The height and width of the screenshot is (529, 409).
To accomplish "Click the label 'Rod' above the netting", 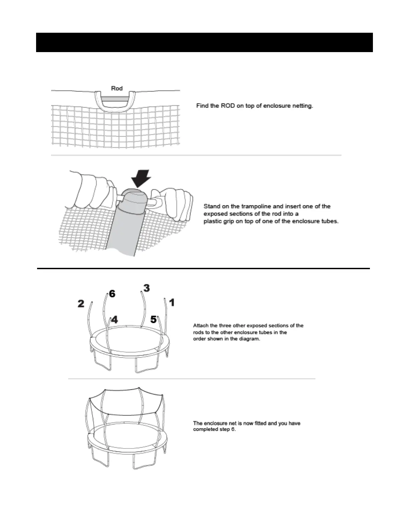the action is click(117, 88).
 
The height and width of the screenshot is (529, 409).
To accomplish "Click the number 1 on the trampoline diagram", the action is click(171, 303).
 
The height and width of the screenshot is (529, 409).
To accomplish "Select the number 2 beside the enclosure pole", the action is click(81, 304).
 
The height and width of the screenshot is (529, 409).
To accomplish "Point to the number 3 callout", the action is click(146, 288).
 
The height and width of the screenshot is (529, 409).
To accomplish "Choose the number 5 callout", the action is click(153, 320).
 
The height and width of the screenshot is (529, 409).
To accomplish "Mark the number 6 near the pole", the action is click(112, 294).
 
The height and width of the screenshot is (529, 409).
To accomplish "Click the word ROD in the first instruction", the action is click(228, 106).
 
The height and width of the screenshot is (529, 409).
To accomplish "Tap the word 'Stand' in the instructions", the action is click(212, 206).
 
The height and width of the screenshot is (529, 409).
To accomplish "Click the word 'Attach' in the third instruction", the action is click(201, 325).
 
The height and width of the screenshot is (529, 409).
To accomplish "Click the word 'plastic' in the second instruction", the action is click(213, 221).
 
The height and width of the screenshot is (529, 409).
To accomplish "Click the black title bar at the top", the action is click(204, 42).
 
